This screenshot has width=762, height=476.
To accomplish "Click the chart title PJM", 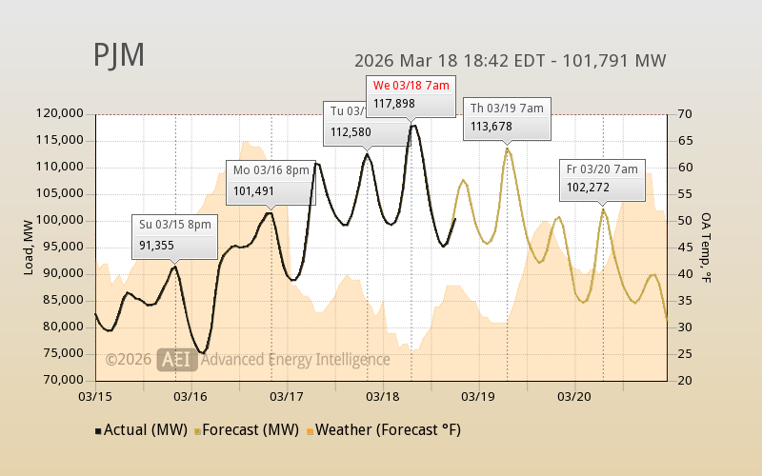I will pyautogui.click(x=119, y=55).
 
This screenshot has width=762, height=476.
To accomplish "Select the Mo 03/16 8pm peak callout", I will pyautogui.click(x=271, y=181).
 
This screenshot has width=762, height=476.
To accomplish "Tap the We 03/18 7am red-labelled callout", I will pyautogui.click(x=411, y=94).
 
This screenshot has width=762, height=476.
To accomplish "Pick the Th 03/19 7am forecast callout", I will pyautogui.click(x=507, y=117).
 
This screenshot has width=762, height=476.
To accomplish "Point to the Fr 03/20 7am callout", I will pyautogui.click(x=602, y=178).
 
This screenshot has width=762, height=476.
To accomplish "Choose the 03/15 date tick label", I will pyautogui.click(x=95, y=395).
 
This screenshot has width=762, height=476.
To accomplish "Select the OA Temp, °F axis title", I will pyautogui.click(x=706, y=247).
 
